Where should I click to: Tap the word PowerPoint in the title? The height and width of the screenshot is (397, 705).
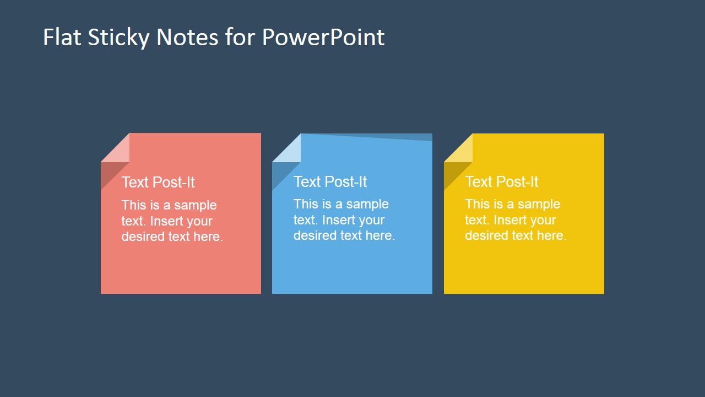click(x=323, y=37)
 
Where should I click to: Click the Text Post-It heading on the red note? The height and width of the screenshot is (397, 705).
click(x=158, y=183)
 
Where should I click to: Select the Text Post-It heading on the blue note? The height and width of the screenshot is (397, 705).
click(x=330, y=181)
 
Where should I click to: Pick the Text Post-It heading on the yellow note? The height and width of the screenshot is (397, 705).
click(x=501, y=181)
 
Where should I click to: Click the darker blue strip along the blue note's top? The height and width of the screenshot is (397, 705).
click(x=408, y=137)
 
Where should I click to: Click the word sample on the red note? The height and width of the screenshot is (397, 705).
click(x=195, y=205)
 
